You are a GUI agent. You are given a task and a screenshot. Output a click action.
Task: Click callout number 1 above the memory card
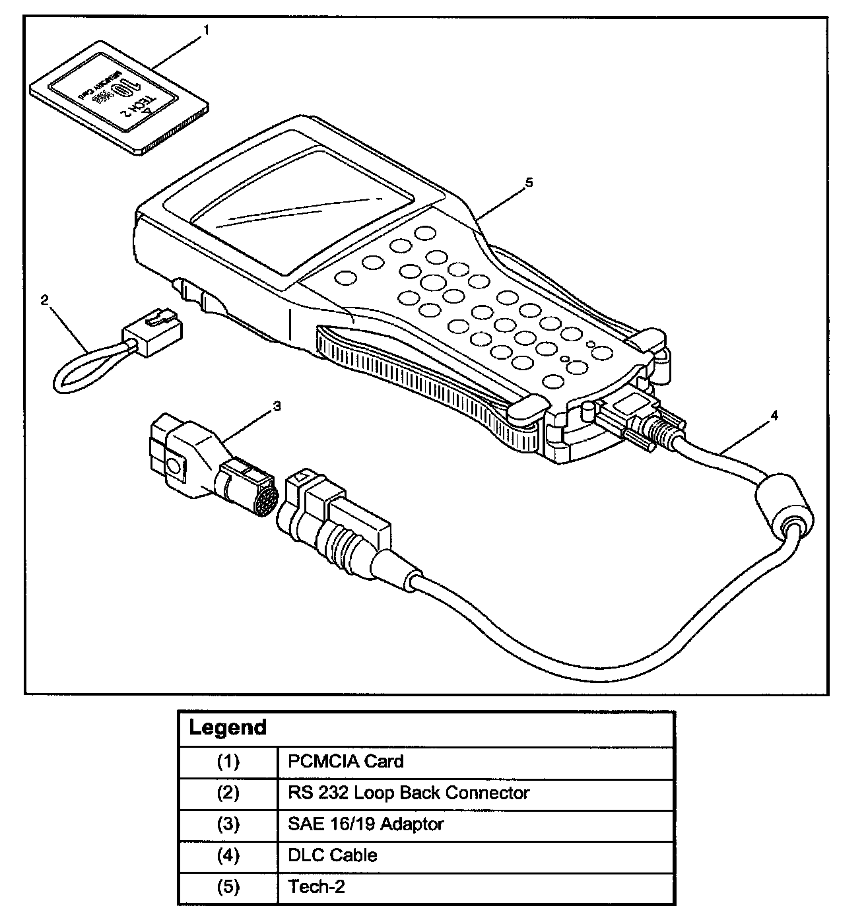click(x=207, y=30)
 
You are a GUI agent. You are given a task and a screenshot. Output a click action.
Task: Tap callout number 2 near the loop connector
click(x=44, y=300)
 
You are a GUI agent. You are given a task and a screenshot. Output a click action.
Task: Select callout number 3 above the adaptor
click(x=277, y=406)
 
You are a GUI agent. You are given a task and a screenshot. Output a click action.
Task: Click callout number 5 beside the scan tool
click(x=527, y=183)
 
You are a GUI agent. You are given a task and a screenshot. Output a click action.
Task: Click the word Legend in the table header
click(x=228, y=728)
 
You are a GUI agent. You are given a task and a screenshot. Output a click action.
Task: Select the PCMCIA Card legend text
click(x=345, y=762)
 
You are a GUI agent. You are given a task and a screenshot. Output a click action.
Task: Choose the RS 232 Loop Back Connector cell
click(x=409, y=793)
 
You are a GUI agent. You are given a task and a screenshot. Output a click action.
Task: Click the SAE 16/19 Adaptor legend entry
click(x=366, y=824)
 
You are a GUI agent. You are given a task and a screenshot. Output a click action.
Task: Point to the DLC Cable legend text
click(x=333, y=856)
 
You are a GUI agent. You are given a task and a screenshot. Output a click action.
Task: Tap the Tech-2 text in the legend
click(x=317, y=886)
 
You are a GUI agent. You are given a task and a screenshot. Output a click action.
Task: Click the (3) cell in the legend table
click(x=228, y=824)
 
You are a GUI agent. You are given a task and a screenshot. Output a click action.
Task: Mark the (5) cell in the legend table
click(x=228, y=887)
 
